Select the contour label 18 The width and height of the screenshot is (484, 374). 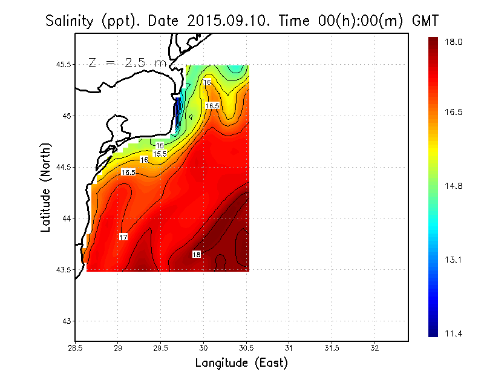click(197, 254)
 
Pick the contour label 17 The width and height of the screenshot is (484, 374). click(123, 237)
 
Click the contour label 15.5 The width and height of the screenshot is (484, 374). click(160, 154)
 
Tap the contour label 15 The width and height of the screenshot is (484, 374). click(160, 146)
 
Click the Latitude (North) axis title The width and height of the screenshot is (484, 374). click(46, 188)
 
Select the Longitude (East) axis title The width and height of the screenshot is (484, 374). click(241, 363)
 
